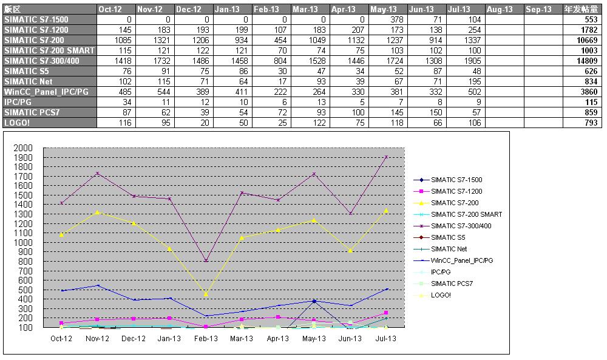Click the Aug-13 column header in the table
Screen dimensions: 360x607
tap(500, 9)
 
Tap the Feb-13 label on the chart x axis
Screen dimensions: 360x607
tap(206, 339)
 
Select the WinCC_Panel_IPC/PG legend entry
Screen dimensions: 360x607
tap(461, 260)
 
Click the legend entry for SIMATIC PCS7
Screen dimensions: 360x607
tap(452, 284)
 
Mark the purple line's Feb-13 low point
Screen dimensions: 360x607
tap(206, 261)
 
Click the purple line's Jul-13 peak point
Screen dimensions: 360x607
tap(386, 157)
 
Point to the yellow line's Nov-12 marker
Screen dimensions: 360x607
tap(98, 212)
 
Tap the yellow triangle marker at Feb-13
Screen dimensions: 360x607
tap(206, 294)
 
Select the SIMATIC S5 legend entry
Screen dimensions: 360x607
tap(448, 237)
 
